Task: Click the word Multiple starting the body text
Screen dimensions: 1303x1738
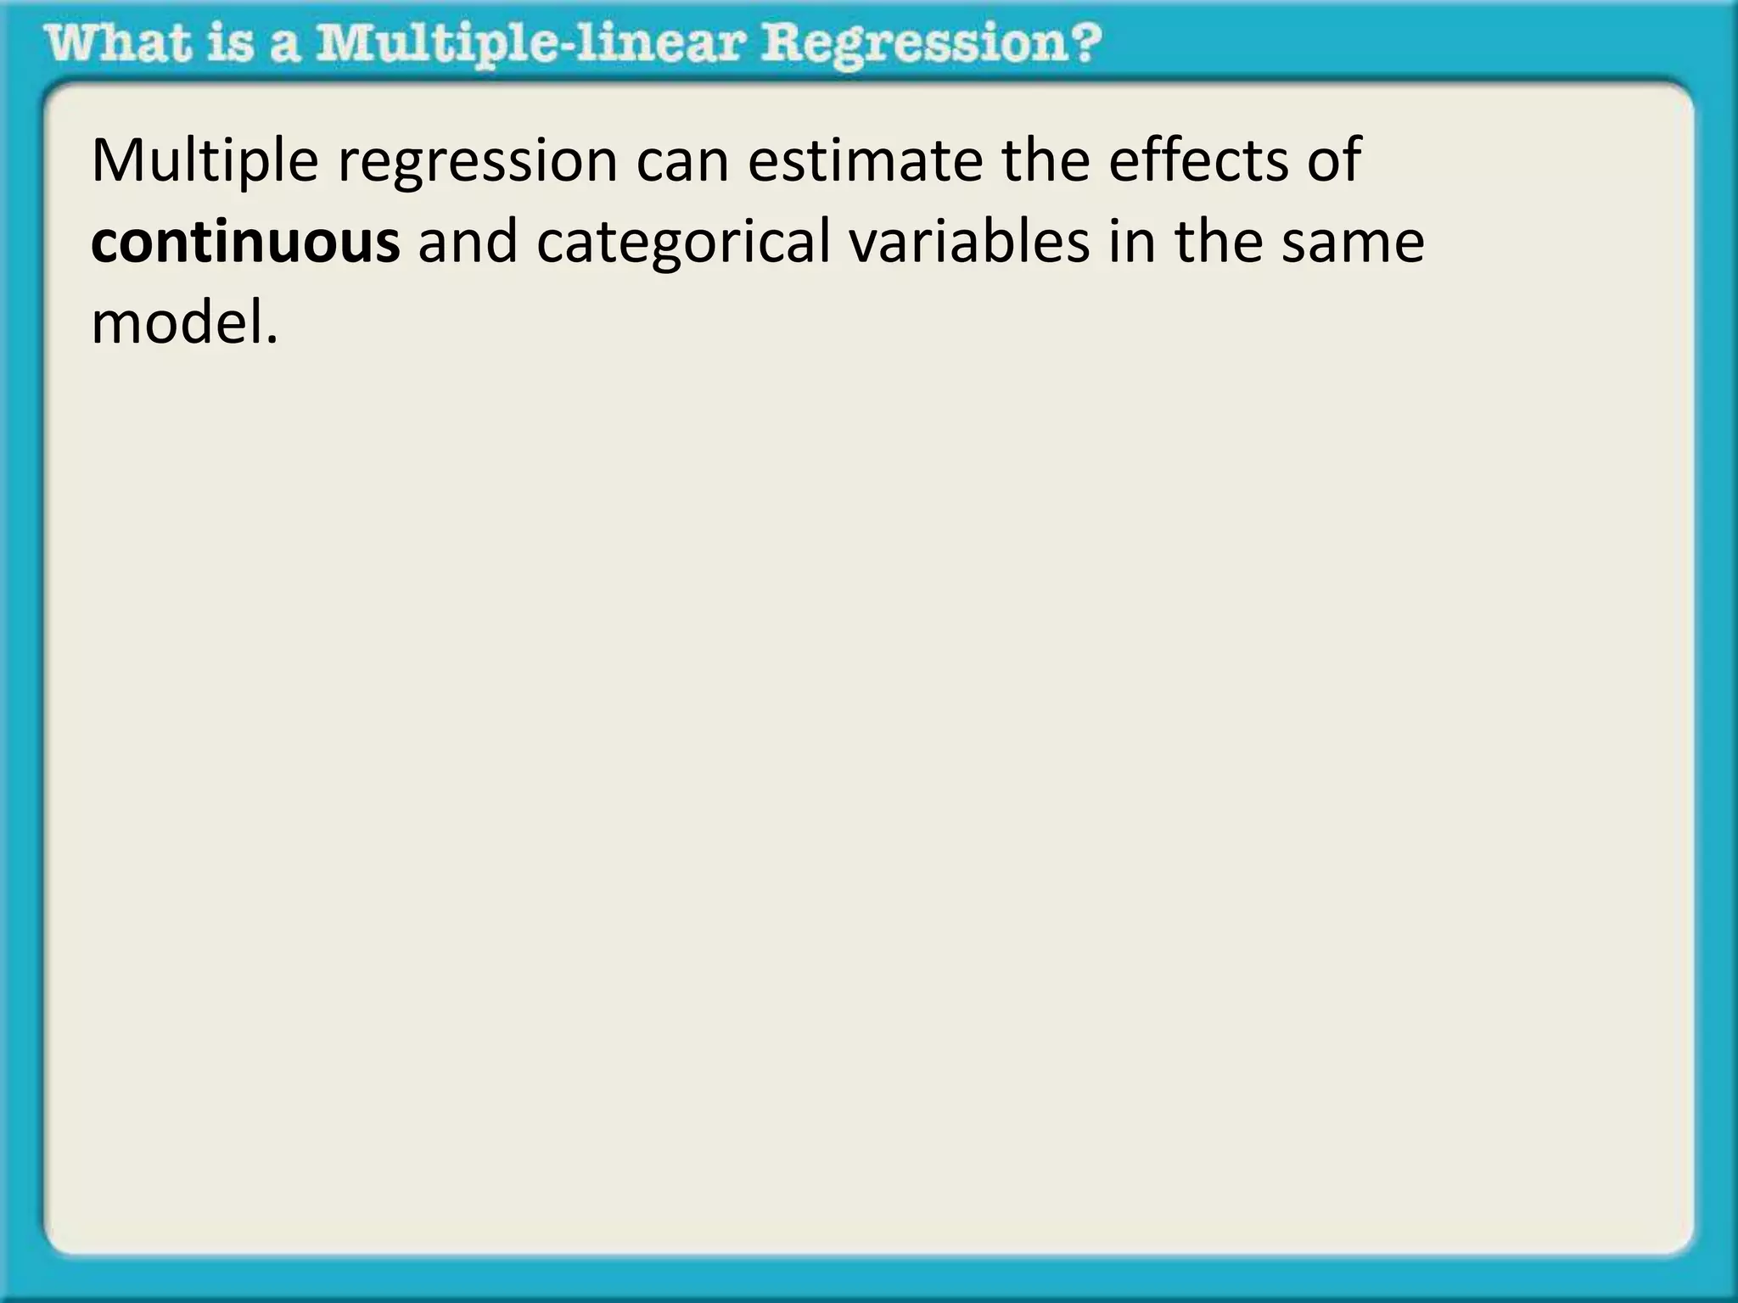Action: pos(205,161)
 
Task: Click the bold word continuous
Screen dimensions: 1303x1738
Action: pos(245,243)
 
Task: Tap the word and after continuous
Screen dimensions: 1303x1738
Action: pos(468,243)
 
